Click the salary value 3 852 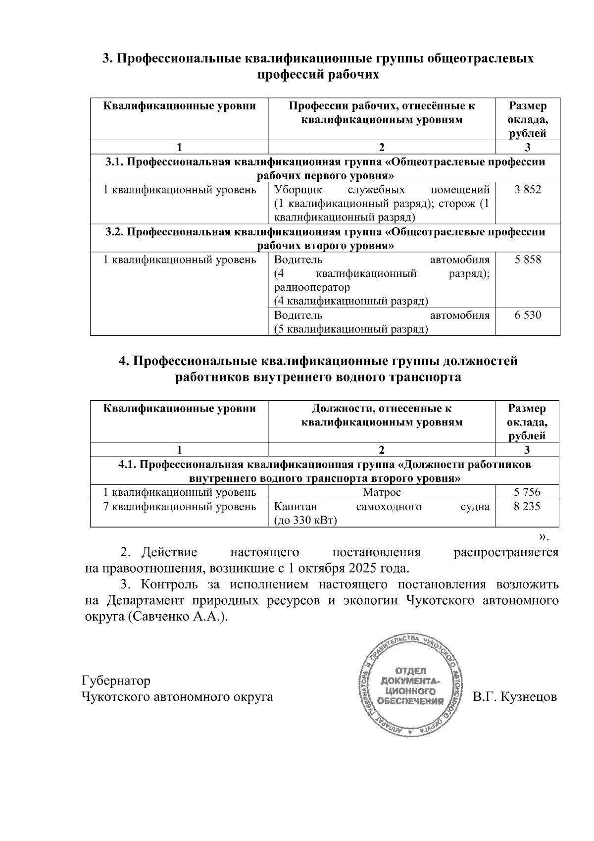click(x=528, y=190)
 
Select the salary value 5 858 click(x=528, y=260)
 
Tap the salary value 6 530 click(x=528, y=315)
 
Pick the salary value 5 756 click(x=527, y=492)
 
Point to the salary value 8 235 click(x=527, y=506)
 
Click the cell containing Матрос click(x=382, y=492)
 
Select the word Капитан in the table click(x=296, y=506)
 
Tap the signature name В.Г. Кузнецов click(x=514, y=697)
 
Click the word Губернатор click(x=116, y=681)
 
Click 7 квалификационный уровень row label click(x=179, y=506)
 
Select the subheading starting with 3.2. click(x=325, y=239)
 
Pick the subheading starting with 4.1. click(x=325, y=472)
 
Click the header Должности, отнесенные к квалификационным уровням click(x=382, y=415)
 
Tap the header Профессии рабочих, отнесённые click(x=382, y=112)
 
